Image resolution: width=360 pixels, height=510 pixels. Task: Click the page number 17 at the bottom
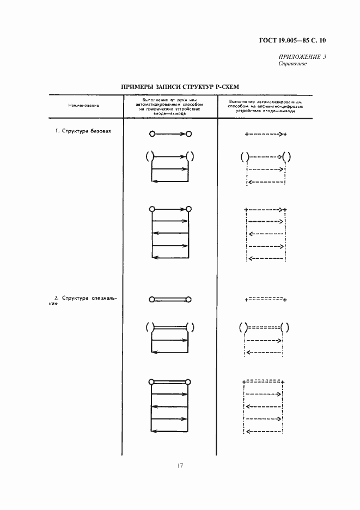(180, 465)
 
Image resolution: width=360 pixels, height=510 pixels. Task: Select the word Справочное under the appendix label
(292, 64)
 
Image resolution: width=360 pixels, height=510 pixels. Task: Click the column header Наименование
(83, 105)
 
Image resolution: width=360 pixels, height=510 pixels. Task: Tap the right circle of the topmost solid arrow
(188, 133)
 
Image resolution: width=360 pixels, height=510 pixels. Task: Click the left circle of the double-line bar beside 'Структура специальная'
(151, 299)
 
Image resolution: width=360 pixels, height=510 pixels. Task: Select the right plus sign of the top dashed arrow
(285, 134)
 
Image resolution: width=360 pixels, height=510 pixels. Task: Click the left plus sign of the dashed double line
(247, 299)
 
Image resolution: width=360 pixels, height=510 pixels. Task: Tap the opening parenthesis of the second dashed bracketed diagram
(241, 328)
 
